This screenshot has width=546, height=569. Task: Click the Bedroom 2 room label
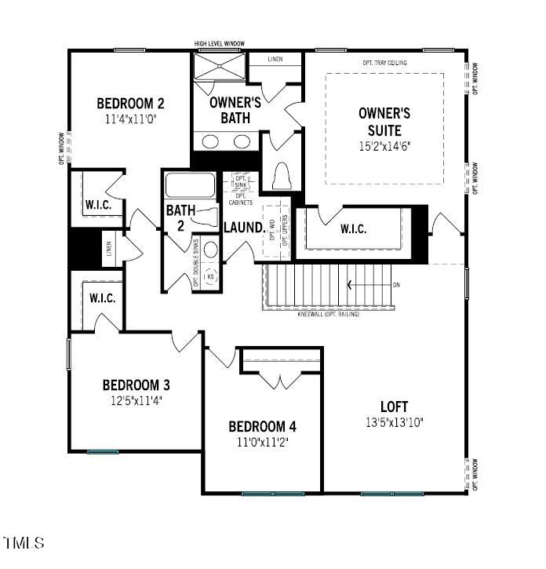[130, 103]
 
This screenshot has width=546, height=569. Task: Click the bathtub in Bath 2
[188, 187]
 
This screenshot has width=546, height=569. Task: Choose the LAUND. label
[242, 228]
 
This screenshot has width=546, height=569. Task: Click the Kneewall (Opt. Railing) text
[328, 314]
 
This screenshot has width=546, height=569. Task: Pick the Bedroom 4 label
[262, 427]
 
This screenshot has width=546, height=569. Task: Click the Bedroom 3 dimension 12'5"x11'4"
[136, 400]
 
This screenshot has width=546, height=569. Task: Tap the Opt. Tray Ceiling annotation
[384, 63]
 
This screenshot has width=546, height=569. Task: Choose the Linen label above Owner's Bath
[275, 60]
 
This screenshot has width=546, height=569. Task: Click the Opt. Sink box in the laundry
[241, 182]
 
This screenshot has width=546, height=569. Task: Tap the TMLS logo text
[24, 542]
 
